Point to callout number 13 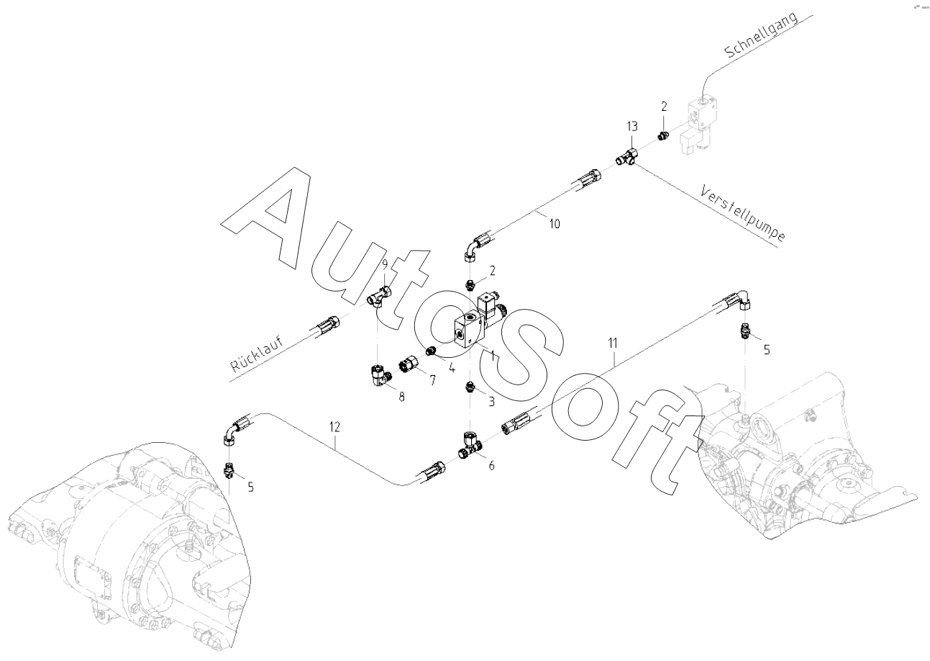tap(632, 127)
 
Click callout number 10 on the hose tap(555, 224)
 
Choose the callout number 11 tap(612, 343)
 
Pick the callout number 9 tap(385, 264)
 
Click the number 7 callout tap(433, 380)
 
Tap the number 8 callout tap(401, 396)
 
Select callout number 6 tap(491, 466)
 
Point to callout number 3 tap(492, 401)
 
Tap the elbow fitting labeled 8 tap(378, 374)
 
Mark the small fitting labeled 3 tap(470, 387)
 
